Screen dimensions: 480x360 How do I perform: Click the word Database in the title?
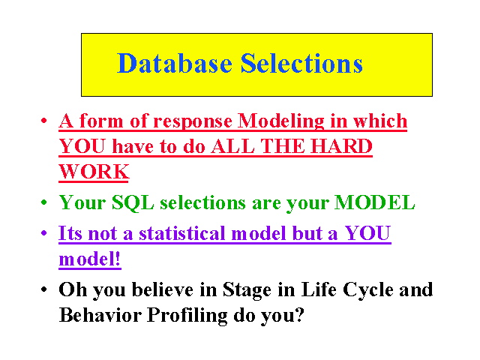pos(175,63)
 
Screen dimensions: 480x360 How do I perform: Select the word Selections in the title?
pos(301,63)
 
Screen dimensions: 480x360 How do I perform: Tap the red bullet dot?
pos(43,120)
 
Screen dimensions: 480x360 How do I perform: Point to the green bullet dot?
pos(43,202)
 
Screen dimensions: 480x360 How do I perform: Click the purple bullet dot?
pos(43,233)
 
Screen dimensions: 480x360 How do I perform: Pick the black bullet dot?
pos(43,289)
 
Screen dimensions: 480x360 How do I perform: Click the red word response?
pos(193,122)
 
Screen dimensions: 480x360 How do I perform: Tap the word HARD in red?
pos(341,145)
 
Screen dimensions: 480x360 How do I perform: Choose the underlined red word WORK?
pos(94,172)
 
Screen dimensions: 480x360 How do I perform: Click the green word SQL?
pos(133,203)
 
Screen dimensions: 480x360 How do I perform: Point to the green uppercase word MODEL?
pos(375,202)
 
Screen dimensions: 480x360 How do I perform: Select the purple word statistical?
pos(182,233)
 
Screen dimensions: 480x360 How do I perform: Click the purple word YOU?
pos(367,233)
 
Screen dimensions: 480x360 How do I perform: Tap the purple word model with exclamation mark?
pos(89,259)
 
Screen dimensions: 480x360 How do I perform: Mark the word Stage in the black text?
pos(247,290)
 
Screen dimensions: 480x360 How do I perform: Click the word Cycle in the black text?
pos(368,290)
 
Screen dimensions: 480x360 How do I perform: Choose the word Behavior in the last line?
pos(100,315)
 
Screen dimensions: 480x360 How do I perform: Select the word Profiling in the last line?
pos(187,316)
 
